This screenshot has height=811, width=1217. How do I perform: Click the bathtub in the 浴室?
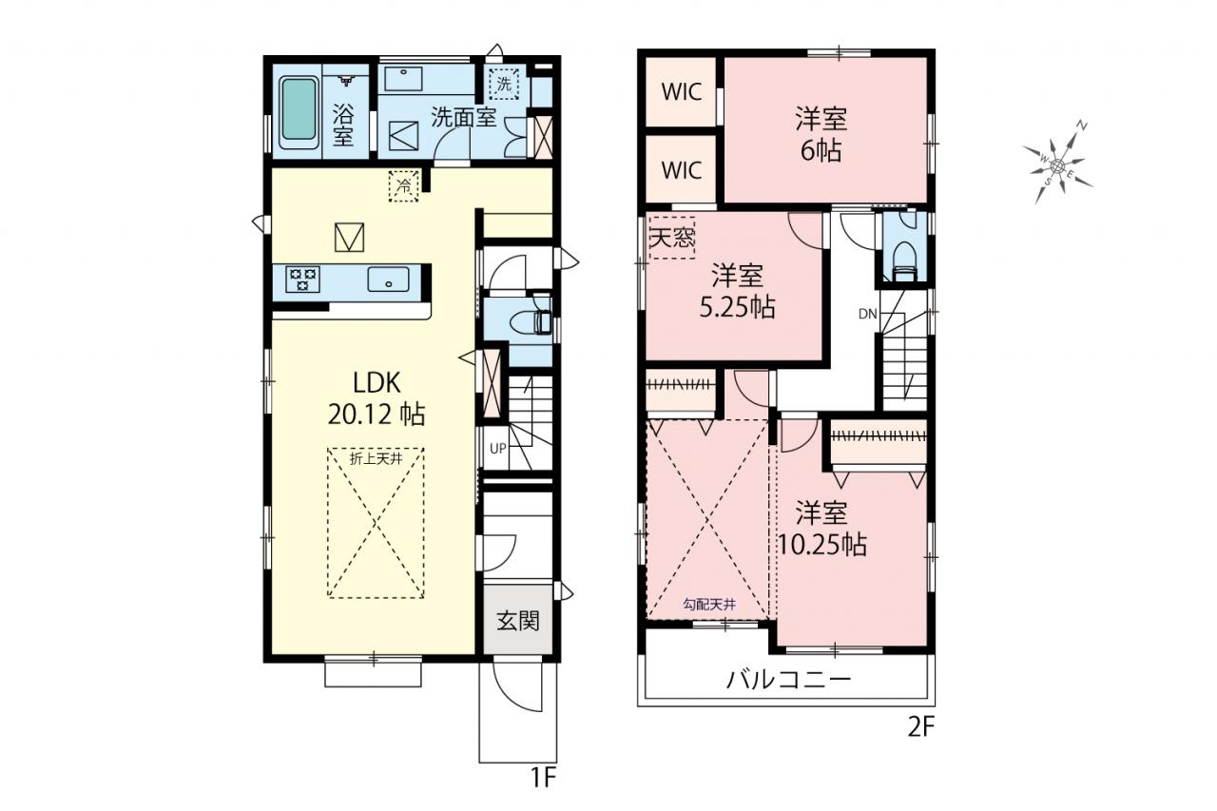point(299,112)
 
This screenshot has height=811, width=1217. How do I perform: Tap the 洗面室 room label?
point(463,117)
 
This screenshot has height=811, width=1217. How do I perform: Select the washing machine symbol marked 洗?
point(504,85)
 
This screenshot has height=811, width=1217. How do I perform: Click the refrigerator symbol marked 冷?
point(404,185)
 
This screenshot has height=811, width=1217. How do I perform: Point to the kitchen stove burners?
point(303,279)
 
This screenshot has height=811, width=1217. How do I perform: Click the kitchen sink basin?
point(388,280)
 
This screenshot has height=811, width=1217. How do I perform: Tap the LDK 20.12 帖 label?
point(377,398)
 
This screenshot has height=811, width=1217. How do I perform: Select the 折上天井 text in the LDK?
point(376,459)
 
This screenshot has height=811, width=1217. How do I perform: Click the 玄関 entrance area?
point(518,620)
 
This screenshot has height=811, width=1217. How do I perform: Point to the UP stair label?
point(497,449)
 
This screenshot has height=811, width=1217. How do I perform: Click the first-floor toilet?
point(531,321)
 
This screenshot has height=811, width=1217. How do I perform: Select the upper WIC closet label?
point(682,92)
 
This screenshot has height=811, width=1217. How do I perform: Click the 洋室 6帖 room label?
point(821,135)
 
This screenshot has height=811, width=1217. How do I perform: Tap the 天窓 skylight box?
point(672,238)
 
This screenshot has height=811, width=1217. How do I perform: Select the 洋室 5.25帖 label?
point(737,291)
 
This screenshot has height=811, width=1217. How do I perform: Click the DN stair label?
point(868,314)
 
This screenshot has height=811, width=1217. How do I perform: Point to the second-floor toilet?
point(905,261)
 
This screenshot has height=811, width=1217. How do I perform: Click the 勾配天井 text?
point(709,604)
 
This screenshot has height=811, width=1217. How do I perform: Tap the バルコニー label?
point(788,680)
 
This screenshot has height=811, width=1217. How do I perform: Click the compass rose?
point(1057,164)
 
